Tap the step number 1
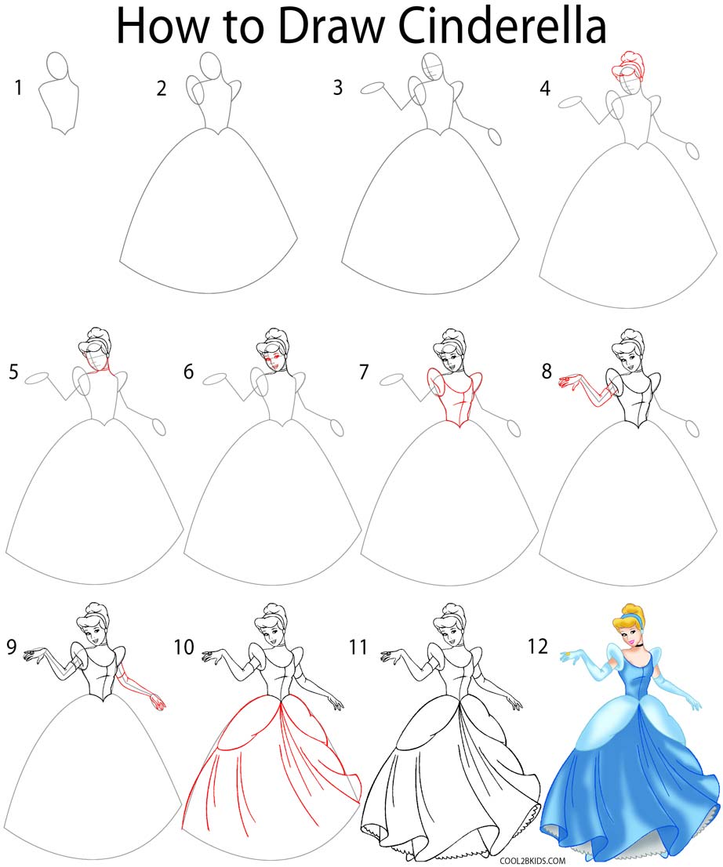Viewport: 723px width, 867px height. click(x=17, y=88)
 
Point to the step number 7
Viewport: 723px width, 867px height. click(x=363, y=372)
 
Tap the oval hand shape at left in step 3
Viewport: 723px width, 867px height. click(x=372, y=89)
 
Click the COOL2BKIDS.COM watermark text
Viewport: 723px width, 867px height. click(x=532, y=859)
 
